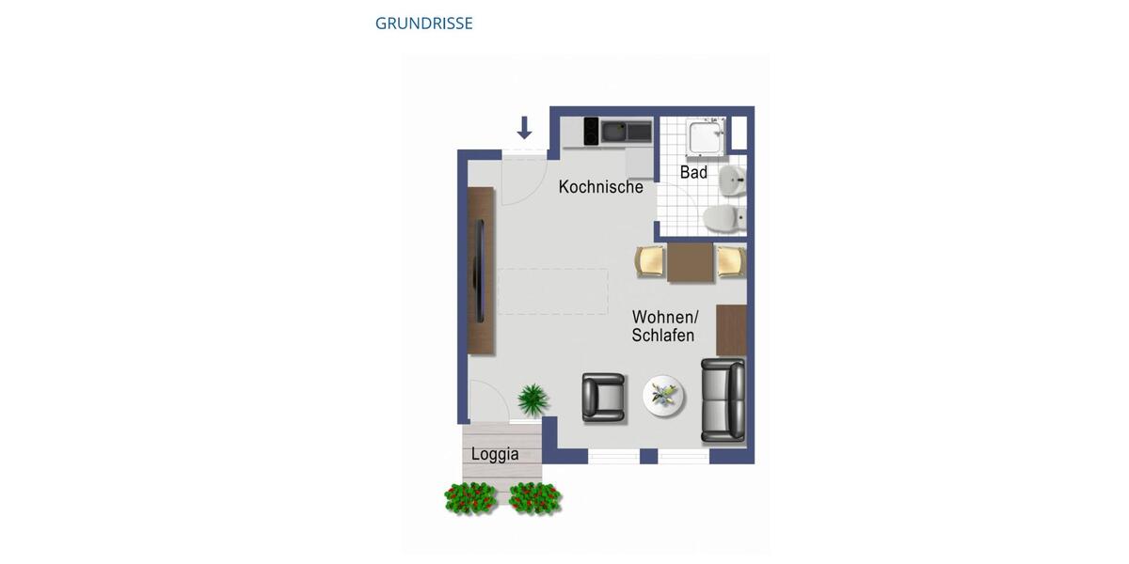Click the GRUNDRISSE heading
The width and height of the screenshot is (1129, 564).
click(423, 23)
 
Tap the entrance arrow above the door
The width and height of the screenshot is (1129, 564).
click(525, 128)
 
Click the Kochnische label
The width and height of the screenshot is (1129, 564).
click(600, 187)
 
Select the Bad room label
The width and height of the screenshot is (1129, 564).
click(693, 173)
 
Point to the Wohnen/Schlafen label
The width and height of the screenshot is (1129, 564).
click(664, 326)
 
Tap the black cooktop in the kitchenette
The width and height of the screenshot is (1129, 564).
click(591, 130)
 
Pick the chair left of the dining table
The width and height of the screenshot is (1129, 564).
click(651, 261)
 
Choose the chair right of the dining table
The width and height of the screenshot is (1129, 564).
click(731, 261)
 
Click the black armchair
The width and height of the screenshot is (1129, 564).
click(603, 397)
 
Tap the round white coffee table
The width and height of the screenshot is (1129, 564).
click(665, 396)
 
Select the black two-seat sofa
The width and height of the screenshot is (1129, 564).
click(723, 399)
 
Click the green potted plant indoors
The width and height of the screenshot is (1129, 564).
click(533, 399)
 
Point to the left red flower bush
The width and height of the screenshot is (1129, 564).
click(470, 497)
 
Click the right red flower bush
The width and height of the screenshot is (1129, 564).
click(534, 497)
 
